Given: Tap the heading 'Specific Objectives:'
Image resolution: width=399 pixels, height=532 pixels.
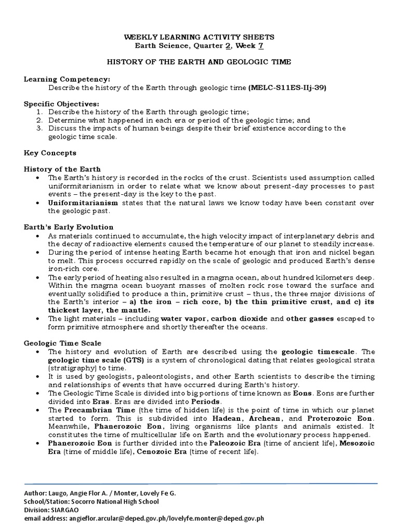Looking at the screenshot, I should coord(61,104).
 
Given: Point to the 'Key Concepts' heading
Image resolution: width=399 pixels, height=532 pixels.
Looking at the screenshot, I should coord(50,153).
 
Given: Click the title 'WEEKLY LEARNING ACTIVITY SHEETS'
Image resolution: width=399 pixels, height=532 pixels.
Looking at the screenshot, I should coord(199,37).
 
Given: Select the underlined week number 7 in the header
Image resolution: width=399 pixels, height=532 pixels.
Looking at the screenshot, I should coord(261,46).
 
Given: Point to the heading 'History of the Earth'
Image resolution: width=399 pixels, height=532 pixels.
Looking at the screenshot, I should coord(62,169).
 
